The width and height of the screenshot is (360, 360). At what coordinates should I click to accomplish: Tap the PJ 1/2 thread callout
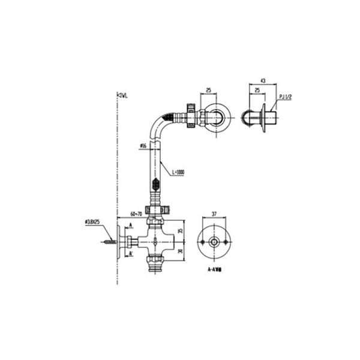(x=285, y=97)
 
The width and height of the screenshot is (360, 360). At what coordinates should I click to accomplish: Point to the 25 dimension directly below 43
(x=257, y=91)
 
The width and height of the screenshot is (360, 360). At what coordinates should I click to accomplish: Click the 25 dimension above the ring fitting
(x=209, y=91)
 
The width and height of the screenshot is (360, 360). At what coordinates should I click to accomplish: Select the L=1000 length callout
(x=178, y=172)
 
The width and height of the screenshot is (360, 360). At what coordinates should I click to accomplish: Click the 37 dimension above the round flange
(x=214, y=214)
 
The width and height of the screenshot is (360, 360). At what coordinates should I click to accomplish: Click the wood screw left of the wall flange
(x=110, y=243)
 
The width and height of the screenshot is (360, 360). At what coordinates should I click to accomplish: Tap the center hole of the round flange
(x=214, y=243)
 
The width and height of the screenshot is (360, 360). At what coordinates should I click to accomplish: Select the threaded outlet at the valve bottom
(x=157, y=262)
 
